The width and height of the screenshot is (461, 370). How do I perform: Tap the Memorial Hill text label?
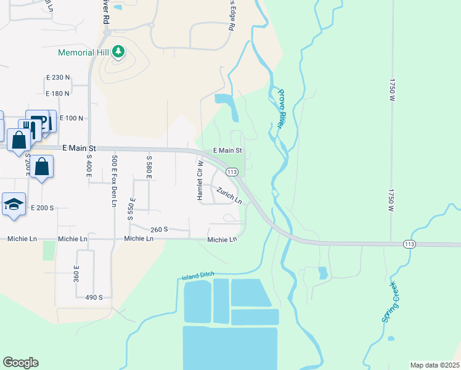[84, 52]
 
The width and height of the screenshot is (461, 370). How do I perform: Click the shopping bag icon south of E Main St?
[42, 166]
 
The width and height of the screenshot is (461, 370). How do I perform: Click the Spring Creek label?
[390, 302]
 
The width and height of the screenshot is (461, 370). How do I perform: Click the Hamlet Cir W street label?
[200, 180]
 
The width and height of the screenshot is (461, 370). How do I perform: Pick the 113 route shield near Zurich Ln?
[232, 171]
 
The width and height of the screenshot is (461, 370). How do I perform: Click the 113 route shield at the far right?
[410, 244]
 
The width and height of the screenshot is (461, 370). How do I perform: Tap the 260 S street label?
[159, 229]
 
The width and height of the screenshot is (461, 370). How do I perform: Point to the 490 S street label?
[94, 297]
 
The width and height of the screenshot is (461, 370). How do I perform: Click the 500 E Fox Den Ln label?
[115, 181]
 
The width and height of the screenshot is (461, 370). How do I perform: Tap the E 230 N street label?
[58, 78]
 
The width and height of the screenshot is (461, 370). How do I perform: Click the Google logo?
[20, 363]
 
